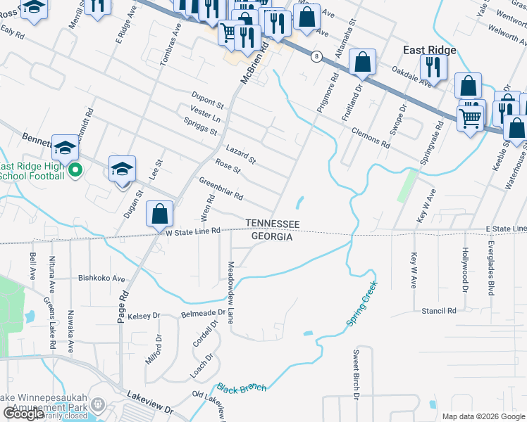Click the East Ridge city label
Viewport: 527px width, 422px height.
[x=429, y=50]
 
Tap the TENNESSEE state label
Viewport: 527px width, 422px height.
[x=273, y=224]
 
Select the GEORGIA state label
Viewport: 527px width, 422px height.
[x=272, y=237]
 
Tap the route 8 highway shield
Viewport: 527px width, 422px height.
[x=318, y=56]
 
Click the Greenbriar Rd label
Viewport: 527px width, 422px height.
[x=221, y=187]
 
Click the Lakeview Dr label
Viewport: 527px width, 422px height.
[x=149, y=403]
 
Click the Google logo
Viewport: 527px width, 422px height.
[x=23, y=414]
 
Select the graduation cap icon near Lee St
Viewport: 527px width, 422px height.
[x=121, y=169]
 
